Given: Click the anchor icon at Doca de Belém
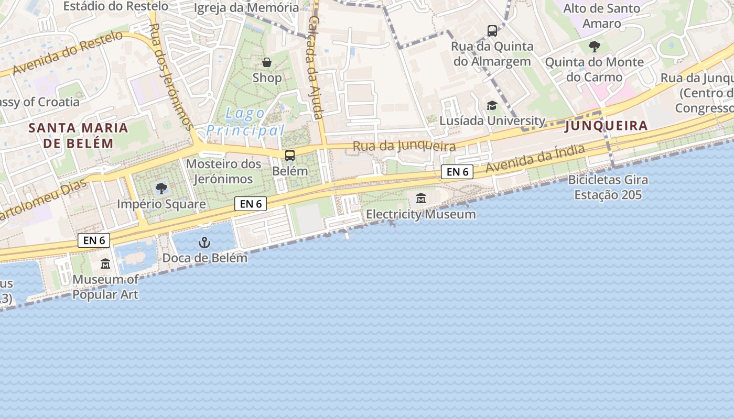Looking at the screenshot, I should click(x=204, y=242).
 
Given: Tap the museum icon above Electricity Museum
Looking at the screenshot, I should click(x=420, y=199).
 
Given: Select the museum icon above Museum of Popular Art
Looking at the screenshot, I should click(x=105, y=263).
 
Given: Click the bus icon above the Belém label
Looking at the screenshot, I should click(x=290, y=156).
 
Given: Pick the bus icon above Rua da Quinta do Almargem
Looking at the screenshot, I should click(x=492, y=31).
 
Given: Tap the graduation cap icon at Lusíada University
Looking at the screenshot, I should click(x=492, y=106).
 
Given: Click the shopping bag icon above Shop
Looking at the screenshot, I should click(x=267, y=63).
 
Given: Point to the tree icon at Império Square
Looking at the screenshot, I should click(x=161, y=189).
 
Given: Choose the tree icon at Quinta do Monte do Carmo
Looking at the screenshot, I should click(x=594, y=47).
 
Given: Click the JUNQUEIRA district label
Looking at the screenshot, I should click(x=606, y=126).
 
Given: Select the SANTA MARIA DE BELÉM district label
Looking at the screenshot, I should click(x=78, y=136).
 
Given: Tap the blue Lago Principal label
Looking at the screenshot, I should click(x=245, y=122).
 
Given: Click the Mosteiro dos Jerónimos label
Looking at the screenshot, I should click(x=223, y=171).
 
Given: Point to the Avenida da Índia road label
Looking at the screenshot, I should click(x=535, y=159).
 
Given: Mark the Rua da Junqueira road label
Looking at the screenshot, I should click(x=404, y=146).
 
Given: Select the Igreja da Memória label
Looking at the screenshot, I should click(x=246, y=8).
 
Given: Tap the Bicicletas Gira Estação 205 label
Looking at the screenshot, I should click(x=608, y=188).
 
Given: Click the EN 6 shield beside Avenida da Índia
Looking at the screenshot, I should click(x=457, y=172).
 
